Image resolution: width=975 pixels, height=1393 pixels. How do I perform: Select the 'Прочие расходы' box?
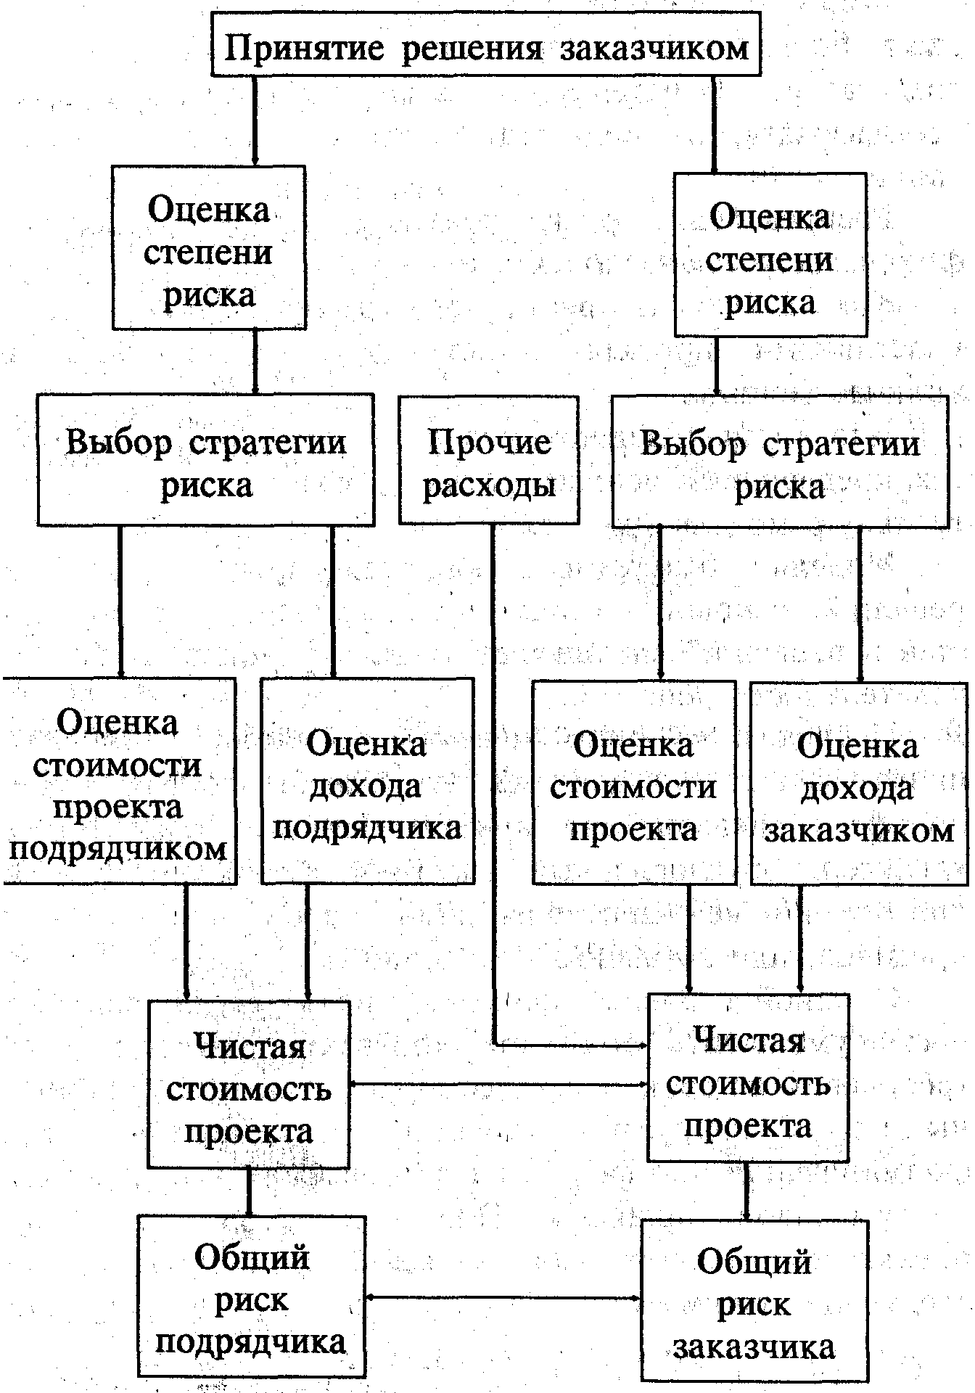tap(489, 460)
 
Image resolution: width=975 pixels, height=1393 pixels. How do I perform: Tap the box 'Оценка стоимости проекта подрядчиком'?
tap(118, 781)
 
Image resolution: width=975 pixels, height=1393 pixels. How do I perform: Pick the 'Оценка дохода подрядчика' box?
tap(367, 781)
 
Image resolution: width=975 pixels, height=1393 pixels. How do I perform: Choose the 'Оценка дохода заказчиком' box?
tap(859, 784)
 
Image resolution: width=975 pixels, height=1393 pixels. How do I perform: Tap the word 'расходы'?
tap(489, 485)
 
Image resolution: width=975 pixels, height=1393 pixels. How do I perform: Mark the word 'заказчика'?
tap(754, 1347)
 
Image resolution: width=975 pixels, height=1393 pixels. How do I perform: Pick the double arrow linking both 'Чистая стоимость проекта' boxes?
tap(498, 1085)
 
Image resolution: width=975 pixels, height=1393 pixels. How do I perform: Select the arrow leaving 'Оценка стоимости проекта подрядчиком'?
tap(186, 943)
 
